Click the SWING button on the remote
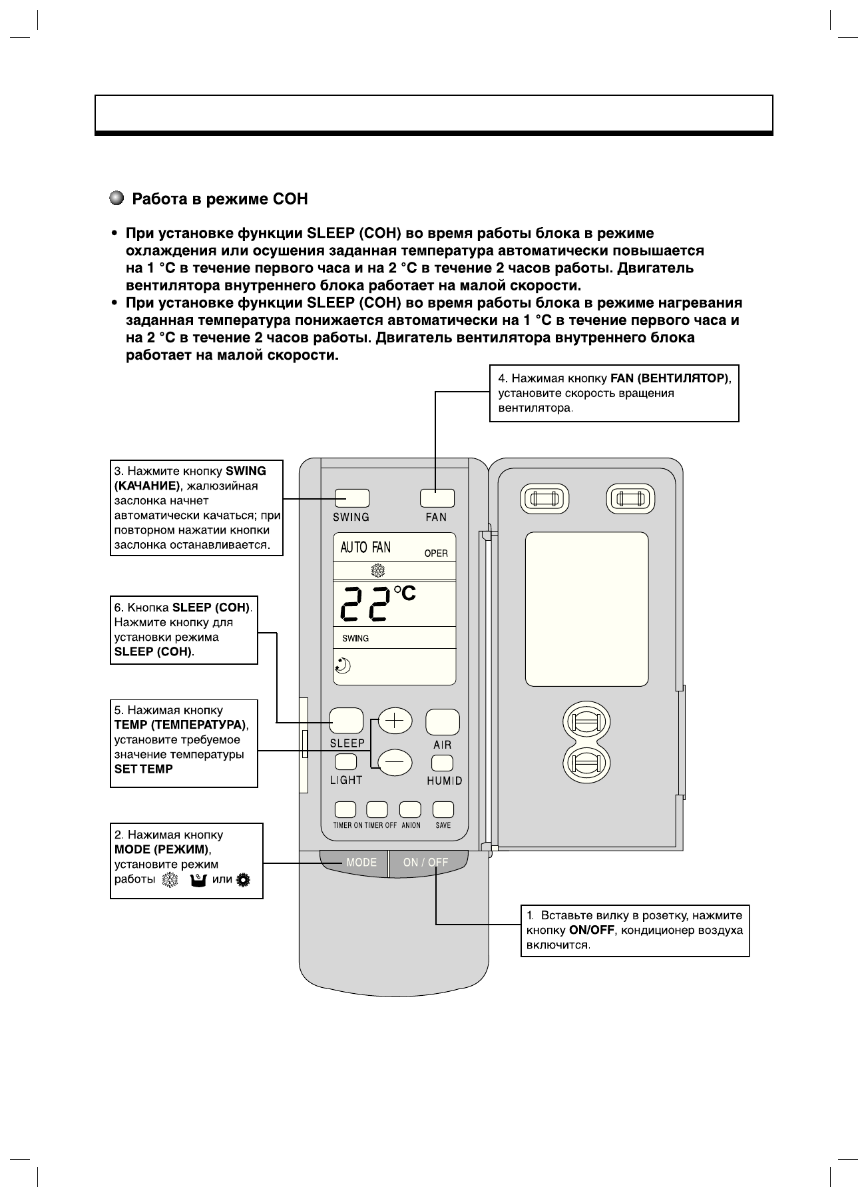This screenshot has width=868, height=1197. pos(351,498)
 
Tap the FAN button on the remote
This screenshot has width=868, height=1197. pos(437,498)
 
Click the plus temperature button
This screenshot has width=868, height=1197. pos(395,721)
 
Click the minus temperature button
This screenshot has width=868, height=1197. pos(395,761)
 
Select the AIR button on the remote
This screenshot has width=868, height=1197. pos(443,722)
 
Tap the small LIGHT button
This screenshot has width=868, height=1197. pos(345,762)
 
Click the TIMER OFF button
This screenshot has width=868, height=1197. pos(377,809)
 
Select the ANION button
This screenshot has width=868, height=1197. pos(410,809)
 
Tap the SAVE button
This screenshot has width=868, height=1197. pos(443,809)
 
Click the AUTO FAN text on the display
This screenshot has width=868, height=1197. pos(365,548)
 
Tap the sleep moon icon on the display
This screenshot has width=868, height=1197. pos(343,665)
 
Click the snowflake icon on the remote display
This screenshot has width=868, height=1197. pos(378,571)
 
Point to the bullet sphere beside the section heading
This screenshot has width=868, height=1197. pos(116,199)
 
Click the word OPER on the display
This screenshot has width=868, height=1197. pos(436,554)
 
